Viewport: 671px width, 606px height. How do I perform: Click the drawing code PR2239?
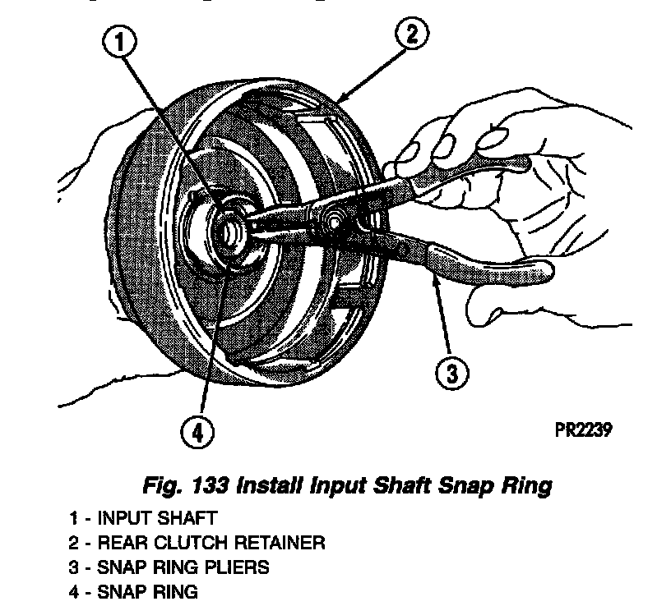pyautogui.click(x=585, y=429)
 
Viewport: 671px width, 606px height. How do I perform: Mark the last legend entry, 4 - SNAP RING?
pyautogui.click(x=134, y=590)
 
